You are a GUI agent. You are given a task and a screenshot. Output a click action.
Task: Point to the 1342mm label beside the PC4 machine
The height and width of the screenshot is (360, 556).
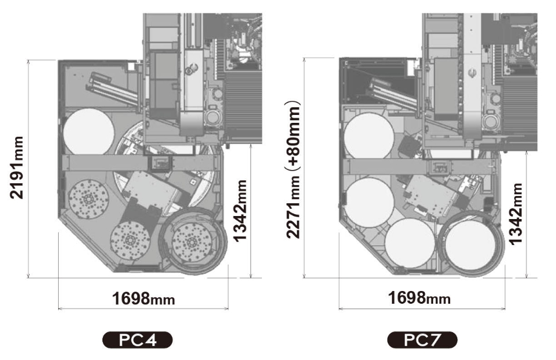pyautogui.click(x=241, y=209)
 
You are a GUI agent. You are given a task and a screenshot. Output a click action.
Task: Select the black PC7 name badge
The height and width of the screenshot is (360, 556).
pyautogui.click(x=422, y=339)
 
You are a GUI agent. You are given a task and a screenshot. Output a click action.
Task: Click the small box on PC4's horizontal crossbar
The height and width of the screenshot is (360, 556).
pyautogui.click(x=161, y=162)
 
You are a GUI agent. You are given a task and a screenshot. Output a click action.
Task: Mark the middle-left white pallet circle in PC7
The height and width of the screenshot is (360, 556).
pyautogui.click(x=368, y=202)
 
